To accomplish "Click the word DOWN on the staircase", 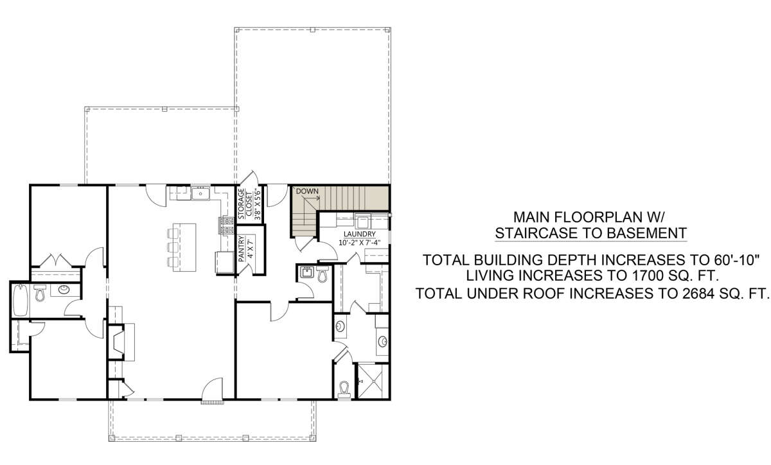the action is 307,191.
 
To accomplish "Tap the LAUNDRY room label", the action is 359,234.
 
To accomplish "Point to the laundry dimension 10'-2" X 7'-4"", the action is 359,242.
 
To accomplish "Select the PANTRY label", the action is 242,249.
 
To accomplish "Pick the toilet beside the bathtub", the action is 40,293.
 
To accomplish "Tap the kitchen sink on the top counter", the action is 200,193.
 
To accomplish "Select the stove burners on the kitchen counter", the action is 226,225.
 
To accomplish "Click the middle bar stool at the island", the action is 173,247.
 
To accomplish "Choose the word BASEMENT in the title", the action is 646,233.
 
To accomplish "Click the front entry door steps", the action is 213,401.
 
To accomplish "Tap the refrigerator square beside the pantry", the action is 225,262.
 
